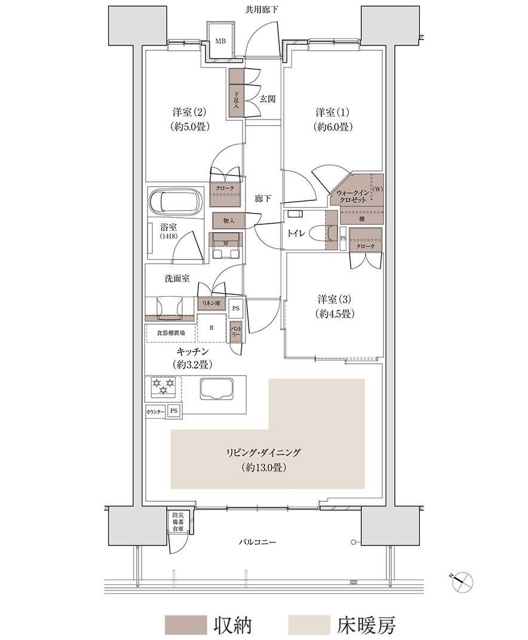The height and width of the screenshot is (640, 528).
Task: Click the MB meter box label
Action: [220, 41]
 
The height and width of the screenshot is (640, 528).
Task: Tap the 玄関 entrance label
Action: [268, 99]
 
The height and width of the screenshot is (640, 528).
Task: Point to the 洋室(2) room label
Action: [189, 112]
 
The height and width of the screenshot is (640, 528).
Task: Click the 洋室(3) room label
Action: [334, 299]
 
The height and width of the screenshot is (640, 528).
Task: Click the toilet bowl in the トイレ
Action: [321, 233]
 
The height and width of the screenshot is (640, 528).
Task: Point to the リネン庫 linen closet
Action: [212, 303]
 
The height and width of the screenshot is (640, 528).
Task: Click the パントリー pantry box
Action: [236, 331]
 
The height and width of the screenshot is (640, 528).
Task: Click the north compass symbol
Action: [463, 580]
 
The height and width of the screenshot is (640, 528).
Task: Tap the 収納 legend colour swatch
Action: [186, 625]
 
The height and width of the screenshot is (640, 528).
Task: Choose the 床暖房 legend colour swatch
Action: [309, 625]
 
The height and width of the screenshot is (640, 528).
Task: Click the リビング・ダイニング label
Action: [263, 452]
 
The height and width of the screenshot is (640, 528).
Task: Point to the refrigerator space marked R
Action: [211, 328]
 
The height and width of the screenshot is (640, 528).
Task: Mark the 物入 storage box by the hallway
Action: [229, 221]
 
